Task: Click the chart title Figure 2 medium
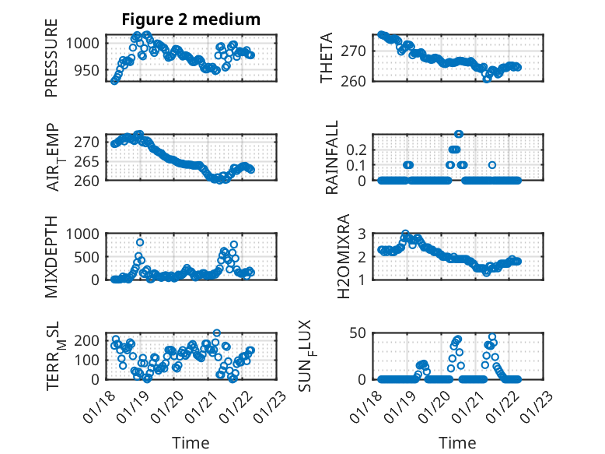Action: click(x=191, y=19)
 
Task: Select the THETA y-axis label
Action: click(x=327, y=58)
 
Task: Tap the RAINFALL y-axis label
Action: click(x=332, y=157)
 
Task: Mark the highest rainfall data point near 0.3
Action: click(x=459, y=134)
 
